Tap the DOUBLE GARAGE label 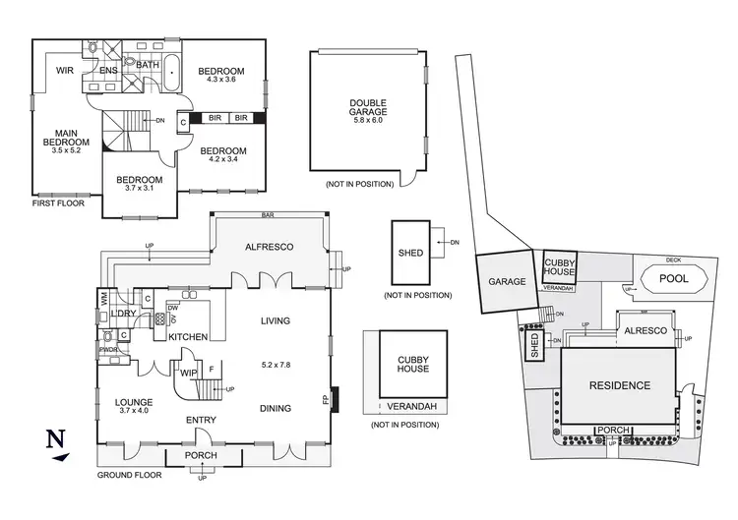click(x=367, y=108)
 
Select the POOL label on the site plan click(x=674, y=279)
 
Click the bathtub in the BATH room click(x=173, y=74)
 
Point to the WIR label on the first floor click(x=65, y=71)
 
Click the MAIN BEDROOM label click(x=67, y=143)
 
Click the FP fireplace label click(x=326, y=401)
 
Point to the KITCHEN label click(x=187, y=336)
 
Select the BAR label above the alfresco click(x=268, y=214)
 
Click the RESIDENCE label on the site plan click(x=619, y=385)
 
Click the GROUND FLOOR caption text click(x=128, y=476)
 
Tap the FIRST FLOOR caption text click(x=58, y=203)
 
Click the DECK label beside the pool click(x=673, y=260)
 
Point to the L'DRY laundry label click(x=123, y=313)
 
